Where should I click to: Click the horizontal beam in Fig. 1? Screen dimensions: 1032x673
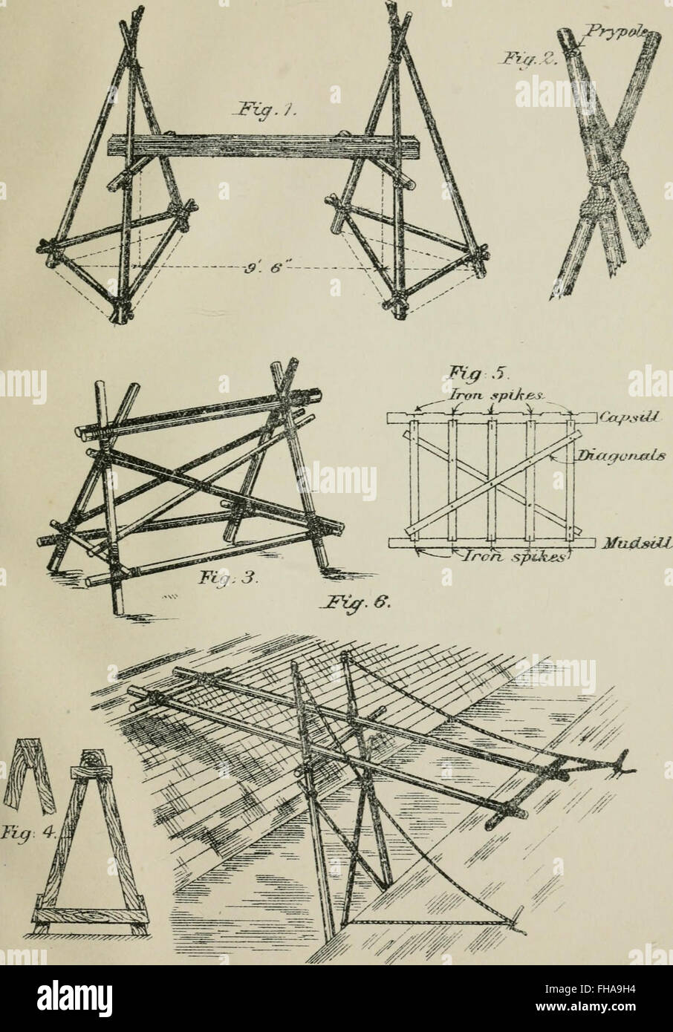tap(253, 146)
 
